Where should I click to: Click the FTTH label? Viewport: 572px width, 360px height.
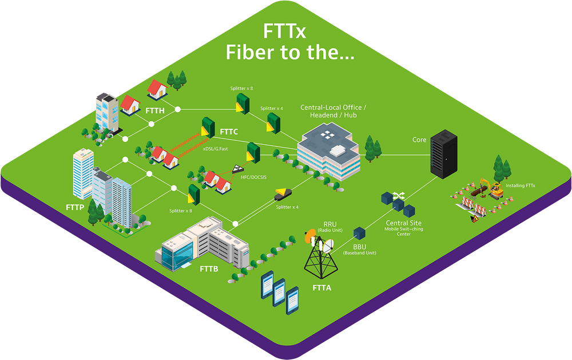tap(155, 110)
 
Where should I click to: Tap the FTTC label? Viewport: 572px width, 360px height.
tap(229, 132)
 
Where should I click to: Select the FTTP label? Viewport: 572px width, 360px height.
tap(75, 207)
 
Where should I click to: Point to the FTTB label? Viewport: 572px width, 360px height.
tap(209, 269)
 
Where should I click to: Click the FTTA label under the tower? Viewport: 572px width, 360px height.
tap(322, 288)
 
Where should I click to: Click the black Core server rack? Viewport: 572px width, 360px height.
tap(444, 154)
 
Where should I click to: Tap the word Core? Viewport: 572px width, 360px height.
tap(419, 140)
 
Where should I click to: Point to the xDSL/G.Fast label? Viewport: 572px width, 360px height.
tap(215, 149)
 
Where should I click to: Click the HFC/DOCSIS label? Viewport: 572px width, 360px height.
tap(253, 177)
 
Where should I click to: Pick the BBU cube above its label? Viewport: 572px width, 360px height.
tap(359, 234)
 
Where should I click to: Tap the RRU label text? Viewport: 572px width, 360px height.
tap(330, 224)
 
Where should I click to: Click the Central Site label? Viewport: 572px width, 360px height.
tap(403, 223)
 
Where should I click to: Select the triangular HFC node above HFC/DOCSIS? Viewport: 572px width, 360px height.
tap(238, 169)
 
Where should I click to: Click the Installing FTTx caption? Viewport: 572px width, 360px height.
tap(520, 185)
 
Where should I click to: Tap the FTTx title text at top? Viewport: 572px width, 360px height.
tap(284, 31)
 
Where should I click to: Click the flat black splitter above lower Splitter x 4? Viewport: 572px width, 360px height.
tap(283, 194)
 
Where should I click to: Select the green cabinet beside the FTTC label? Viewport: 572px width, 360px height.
tap(208, 128)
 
